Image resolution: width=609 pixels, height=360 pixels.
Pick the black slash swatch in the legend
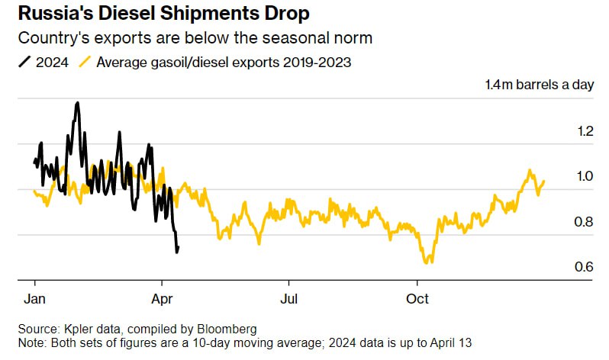point(24,63)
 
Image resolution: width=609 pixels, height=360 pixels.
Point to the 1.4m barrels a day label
point(539,85)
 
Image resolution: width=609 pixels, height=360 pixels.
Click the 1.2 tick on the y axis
point(585,130)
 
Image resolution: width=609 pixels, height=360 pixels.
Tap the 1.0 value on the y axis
point(585,176)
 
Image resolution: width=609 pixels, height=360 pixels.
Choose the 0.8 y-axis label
point(585,222)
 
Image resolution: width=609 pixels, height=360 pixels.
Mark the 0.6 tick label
point(585,267)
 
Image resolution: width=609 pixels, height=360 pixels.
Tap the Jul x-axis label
point(288,297)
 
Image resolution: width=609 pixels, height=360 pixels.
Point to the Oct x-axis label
point(417,297)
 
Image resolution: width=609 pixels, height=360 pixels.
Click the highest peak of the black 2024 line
point(77,102)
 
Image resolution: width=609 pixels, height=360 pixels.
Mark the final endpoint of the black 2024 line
point(179,246)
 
